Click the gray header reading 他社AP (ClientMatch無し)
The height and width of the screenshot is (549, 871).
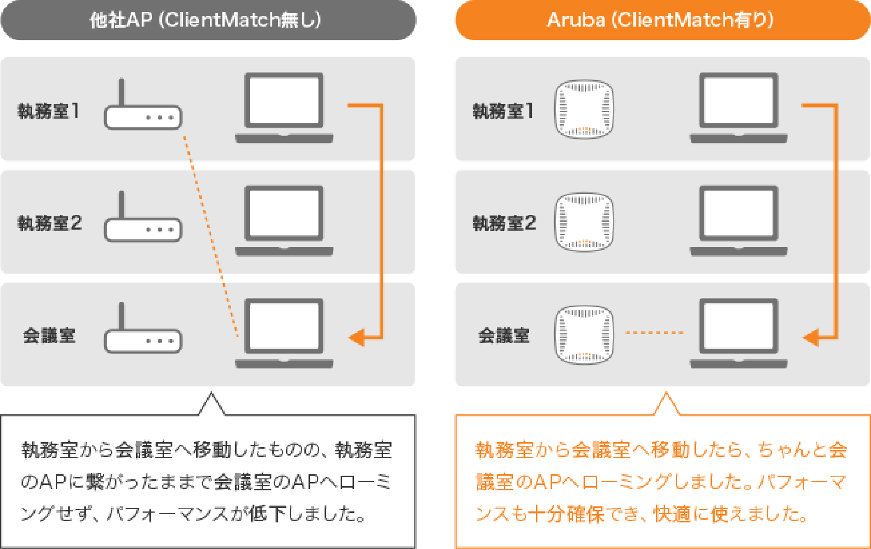tap(208, 21)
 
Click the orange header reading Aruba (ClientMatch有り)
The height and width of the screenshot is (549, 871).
tap(662, 21)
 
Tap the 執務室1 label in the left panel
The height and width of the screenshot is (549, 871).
tap(49, 111)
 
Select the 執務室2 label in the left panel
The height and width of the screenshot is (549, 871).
tap(50, 224)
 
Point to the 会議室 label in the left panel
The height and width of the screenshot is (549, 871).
tap(49, 336)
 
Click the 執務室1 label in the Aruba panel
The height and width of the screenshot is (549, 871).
tap(503, 111)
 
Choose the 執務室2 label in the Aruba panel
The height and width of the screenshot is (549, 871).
tap(504, 224)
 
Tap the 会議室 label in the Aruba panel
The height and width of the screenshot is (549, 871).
tap(504, 336)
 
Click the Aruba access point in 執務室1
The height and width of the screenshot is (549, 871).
tap(584, 110)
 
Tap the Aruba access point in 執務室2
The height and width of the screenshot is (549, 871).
tap(584, 222)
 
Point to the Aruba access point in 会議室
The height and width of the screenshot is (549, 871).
tap(584, 335)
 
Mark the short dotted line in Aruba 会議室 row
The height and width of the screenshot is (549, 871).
tap(655, 333)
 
